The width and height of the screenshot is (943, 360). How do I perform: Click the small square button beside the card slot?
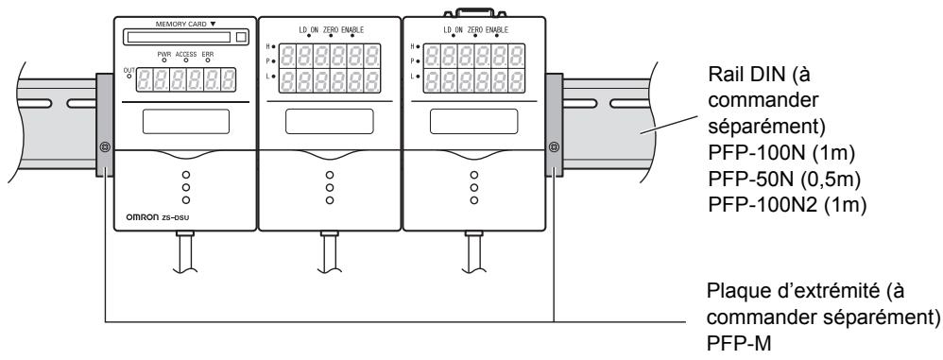[240, 38]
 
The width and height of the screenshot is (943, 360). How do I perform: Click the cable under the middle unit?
[328, 249]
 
